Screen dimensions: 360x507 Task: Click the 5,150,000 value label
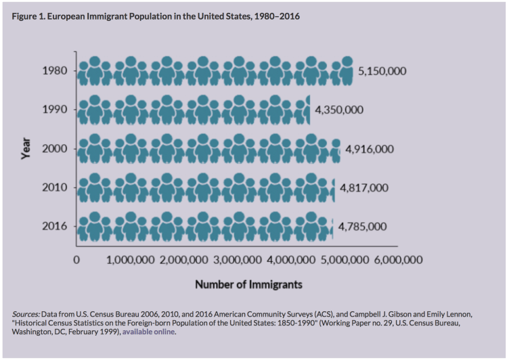(382, 71)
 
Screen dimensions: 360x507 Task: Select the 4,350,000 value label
(340, 110)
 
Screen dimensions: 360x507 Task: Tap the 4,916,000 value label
(369, 149)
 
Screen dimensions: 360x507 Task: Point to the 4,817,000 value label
(363, 187)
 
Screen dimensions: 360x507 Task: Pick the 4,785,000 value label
(361, 226)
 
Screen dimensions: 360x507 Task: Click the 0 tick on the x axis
(76, 260)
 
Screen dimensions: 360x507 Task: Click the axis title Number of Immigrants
(248, 284)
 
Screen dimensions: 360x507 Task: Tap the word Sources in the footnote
(26, 315)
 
